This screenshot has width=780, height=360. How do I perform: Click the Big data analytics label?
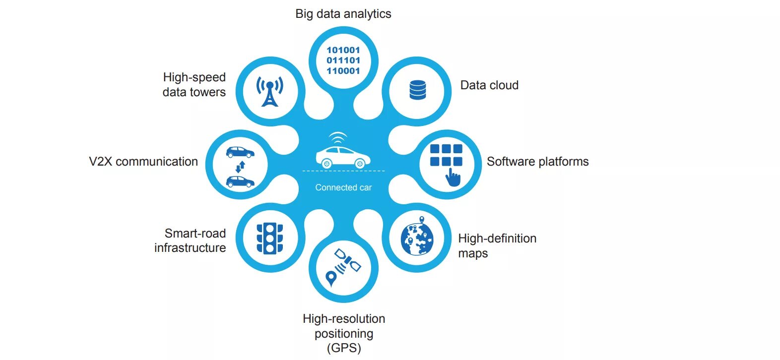(x=343, y=14)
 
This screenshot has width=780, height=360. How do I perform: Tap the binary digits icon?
(x=343, y=60)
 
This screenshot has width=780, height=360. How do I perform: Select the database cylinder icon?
(x=418, y=90)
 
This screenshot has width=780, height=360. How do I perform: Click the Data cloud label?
(x=489, y=85)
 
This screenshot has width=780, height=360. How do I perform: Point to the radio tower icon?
(x=269, y=91)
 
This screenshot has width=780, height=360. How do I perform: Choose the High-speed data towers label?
(x=194, y=85)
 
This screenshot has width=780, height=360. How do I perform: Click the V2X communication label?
(x=143, y=162)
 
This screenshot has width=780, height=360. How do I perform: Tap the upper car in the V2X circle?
(x=240, y=152)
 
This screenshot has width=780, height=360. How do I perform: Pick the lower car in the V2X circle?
(x=240, y=181)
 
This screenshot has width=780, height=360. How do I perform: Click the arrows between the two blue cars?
(x=240, y=167)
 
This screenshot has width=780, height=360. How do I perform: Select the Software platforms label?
(x=537, y=162)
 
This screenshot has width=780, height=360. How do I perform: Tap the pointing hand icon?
(x=453, y=177)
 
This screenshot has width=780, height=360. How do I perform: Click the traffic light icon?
(x=269, y=239)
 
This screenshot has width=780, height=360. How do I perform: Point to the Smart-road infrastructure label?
(x=190, y=240)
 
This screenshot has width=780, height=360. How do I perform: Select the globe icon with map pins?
(x=417, y=239)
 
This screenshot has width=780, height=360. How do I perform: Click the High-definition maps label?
(x=497, y=246)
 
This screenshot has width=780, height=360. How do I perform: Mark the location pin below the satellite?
(x=330, y=279)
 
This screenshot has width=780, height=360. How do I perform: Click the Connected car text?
(x=343, y=187)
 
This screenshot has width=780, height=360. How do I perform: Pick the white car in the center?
(x=343, y=156)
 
